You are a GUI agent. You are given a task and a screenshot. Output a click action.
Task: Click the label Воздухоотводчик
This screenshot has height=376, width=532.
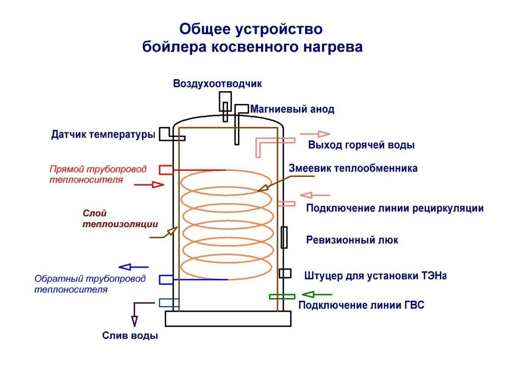218,84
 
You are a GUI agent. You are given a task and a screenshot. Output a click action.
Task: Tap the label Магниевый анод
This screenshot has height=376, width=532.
292,109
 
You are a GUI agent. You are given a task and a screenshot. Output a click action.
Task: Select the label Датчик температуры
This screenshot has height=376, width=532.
103,134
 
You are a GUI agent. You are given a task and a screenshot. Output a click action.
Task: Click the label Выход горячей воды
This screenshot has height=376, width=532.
361,145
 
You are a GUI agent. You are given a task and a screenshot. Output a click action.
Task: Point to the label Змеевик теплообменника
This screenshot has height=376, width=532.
353,169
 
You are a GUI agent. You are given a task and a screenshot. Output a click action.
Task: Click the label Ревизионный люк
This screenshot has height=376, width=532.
352,240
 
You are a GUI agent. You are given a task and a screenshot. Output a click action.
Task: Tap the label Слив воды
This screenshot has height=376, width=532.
130,335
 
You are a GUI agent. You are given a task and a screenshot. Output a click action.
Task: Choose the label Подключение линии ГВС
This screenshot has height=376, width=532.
361,305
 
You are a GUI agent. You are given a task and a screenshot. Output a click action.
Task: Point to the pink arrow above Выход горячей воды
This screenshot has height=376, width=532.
315,134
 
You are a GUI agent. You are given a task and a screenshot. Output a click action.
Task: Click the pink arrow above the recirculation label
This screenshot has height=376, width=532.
315,195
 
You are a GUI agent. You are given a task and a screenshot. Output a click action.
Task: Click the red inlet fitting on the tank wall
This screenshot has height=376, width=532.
166,169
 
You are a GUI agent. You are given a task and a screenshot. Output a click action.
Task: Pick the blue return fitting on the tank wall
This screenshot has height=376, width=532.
166,279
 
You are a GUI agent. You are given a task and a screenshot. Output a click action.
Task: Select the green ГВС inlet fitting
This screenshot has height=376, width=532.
282,297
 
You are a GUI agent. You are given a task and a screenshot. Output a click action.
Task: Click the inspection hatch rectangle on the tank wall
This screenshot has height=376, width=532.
284,237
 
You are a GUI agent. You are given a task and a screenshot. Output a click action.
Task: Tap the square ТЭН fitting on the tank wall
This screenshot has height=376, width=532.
285,274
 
